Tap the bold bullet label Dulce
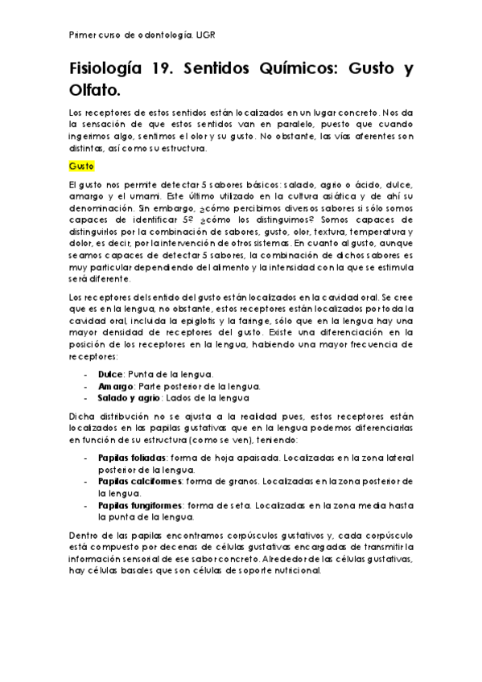(x=110, y=374)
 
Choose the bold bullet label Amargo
(x=114, y=386)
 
